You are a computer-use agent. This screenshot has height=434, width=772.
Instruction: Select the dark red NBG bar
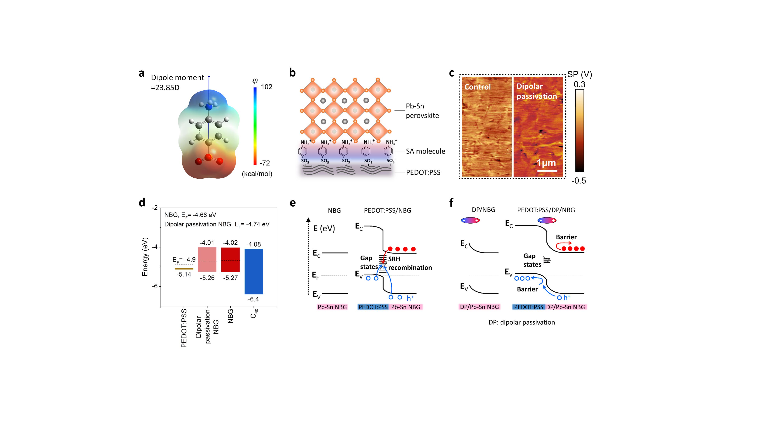click(230, 260)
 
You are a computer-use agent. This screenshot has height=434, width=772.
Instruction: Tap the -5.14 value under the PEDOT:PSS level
click(184, 274)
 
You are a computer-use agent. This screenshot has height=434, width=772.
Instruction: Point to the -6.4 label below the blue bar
click(253, 299)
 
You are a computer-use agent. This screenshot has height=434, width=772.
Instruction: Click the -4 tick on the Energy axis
click(155, 247)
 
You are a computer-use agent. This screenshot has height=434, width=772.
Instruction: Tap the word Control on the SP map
click(477, 87)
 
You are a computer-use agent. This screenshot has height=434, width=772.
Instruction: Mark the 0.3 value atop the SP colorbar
click(579, 84)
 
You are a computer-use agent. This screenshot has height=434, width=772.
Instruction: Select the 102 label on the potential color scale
click(266, 87)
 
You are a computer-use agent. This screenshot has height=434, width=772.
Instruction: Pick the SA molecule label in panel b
click(425, 151)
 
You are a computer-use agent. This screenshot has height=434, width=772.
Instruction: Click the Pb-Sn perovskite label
click(422, 111)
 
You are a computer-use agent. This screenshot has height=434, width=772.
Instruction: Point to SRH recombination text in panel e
click(410, 263)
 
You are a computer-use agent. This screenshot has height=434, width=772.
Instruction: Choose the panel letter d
click(142, 203)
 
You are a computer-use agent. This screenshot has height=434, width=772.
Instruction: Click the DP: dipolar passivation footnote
click(521, 323)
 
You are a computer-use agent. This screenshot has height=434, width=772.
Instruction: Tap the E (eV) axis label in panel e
click(324, 229)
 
